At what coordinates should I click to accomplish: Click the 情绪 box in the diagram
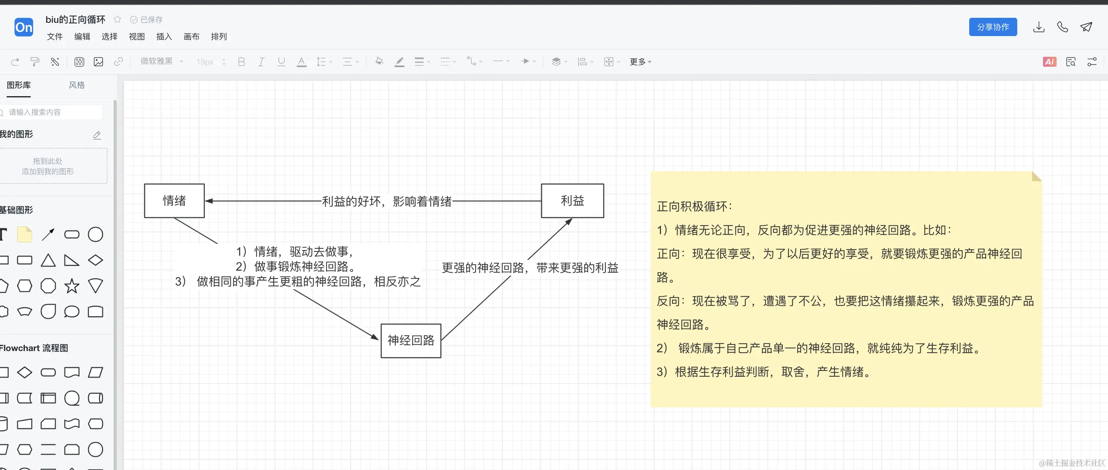(x=174, y=201)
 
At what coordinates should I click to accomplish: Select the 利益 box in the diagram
(x=572, y=201)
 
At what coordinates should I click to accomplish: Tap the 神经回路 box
(x=411, y=340)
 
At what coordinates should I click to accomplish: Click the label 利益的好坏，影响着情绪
(x=387, y=201)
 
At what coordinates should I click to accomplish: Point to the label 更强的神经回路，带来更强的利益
(x=530, y=268)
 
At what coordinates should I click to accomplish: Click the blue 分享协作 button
(x=993, y=27)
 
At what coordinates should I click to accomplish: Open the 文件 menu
(x=55, y=36)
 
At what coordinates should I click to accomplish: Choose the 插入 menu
(x=164, y=36)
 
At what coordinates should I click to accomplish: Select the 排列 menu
(x=218, y=36)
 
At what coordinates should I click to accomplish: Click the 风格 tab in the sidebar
(x=77, y=85)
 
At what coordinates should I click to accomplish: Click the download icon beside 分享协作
(x=1039, y=27)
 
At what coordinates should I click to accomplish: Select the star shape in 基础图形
(x=72, y=286)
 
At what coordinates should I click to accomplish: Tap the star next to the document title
(x=117, y=19)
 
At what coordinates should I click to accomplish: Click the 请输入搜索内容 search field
(x=52, y=112)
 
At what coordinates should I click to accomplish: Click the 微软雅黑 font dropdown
(x=161, y=61)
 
